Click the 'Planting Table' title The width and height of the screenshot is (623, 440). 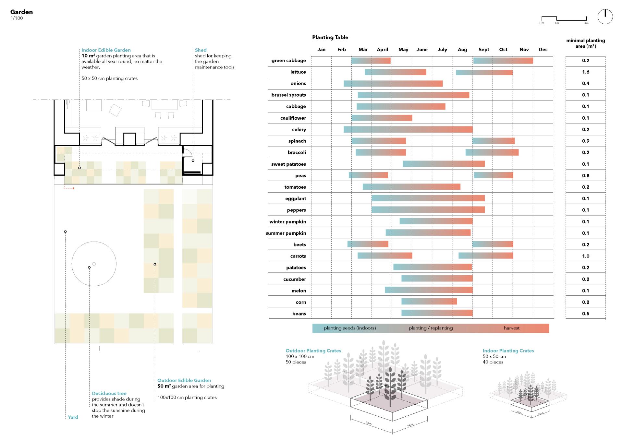(330, 37)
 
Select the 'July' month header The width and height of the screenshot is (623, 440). (442, 50)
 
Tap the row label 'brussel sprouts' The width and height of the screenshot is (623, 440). (288, 95)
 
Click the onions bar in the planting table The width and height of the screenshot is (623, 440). (393, 84)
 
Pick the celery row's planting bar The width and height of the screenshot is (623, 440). (408, 129)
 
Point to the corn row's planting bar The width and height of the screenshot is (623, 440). (429, 302)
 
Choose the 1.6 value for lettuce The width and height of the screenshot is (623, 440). (585, 72)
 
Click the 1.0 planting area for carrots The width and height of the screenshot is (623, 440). (585, 256)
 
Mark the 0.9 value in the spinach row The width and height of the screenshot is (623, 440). (585, 141)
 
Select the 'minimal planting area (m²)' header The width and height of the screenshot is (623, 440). (585, 43)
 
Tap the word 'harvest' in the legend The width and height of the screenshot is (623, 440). (511, 328)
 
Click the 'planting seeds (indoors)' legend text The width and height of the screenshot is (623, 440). (350, 328)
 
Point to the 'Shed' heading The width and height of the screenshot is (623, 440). (201, 50)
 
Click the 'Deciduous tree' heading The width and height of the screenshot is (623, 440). (109, 393)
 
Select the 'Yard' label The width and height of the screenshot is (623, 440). (73, 417)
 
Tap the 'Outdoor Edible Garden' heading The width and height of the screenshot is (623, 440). (184, 380)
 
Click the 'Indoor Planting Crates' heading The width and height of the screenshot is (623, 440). (508, 351)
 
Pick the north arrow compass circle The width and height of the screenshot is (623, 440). (605, 17)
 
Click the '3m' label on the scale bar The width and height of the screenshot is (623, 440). (586, 23)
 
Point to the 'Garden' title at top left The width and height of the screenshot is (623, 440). (21, 12)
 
